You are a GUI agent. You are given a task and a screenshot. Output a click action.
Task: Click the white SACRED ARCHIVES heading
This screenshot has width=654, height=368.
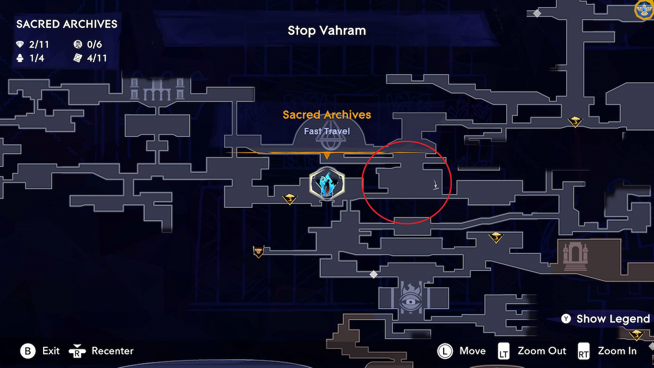click(x=66, y=24)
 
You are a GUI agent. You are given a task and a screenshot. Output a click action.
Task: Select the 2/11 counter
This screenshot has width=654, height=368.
click(x=40, y=45)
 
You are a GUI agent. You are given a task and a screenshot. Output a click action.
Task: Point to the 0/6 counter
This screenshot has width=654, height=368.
click(x=94, y=45)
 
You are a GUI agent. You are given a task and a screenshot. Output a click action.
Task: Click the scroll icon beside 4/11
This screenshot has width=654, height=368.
click(x=78, y=58)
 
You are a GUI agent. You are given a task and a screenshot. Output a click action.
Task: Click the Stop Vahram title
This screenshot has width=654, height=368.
click(x=326, y=31)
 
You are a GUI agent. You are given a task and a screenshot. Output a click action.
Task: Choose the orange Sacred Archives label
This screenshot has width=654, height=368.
click(x=326, y=115)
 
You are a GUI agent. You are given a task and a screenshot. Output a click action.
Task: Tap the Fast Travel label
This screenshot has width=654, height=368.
click(x=326, y=131)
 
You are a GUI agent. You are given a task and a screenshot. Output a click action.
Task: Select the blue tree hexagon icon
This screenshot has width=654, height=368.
click(x=326, y=183)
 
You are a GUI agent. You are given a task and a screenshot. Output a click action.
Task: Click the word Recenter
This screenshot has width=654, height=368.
click(x=112, y=351)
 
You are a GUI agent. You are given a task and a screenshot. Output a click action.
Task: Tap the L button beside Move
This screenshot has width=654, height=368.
click(x=445, y=351)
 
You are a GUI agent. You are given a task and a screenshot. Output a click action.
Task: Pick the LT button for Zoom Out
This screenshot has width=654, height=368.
click(x=504, y=351)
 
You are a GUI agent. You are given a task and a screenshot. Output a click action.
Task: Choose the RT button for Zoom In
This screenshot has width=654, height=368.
click(x=584, y=351)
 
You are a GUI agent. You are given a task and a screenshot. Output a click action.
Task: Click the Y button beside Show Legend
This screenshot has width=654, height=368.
click(x=567, y=319)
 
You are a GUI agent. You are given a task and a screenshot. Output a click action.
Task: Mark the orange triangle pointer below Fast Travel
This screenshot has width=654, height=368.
click(x=326, y=156)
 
